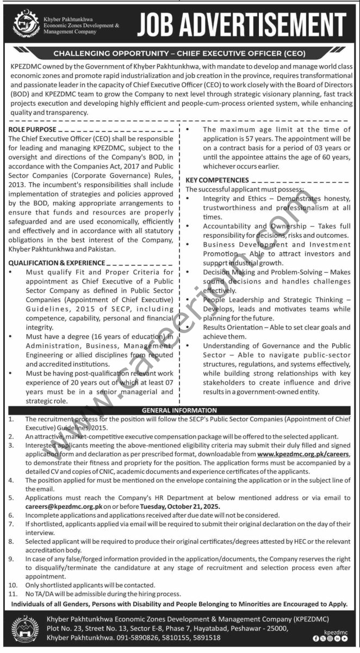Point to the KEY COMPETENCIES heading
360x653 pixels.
click(x=218, y=180)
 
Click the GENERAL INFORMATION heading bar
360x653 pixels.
click(x=179, y=410)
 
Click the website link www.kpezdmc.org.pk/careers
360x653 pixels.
click(x=303, y=454)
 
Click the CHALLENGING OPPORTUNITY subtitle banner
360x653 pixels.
click(x=179, y=53)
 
